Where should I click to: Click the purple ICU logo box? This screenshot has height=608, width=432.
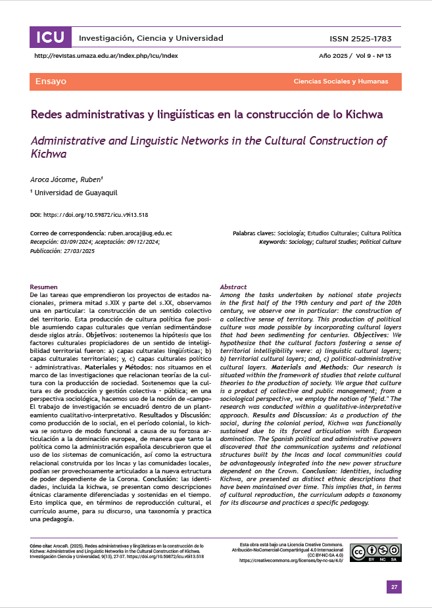[50, 37]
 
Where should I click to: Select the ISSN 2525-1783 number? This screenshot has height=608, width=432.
[365, 39]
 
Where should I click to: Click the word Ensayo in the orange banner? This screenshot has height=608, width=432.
[51, 82]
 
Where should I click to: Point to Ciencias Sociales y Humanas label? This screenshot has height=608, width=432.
[341, 82]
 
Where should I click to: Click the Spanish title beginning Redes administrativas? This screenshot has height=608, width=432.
[206, 114]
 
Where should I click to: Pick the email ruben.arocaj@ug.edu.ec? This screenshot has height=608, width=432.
[139, 233]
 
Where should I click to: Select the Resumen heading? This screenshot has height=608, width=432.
[44, 287]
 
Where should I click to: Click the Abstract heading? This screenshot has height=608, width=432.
[233, 287]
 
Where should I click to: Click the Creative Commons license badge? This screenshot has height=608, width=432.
[375, 553]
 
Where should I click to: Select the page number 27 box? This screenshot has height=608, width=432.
[394, 587]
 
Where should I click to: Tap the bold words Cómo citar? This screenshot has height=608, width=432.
[42, 546]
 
